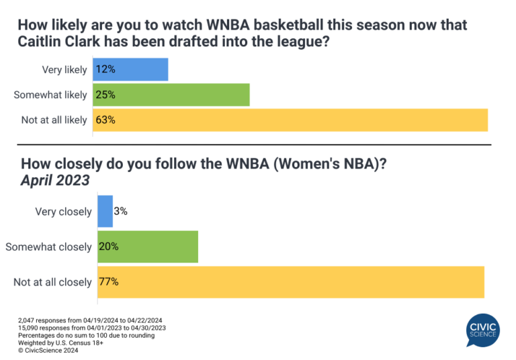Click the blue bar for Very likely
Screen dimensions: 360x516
tap(130, 70)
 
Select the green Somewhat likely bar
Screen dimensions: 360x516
tap(171, 95)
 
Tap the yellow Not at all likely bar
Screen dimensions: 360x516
tap(290, 120)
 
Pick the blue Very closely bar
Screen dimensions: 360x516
tap(105, 212)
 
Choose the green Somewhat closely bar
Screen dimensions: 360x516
tap(148, 246)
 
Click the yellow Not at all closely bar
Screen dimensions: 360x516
tap(291, 282)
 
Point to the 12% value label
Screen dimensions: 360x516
tap(105, 70)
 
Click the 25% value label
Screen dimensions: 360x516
tap(105, 95)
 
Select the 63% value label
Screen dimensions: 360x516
tap(105, 120)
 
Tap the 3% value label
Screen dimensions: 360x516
tap(121, 212)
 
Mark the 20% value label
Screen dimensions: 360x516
tap(109, 246)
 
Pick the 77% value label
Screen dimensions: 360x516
tap(109, 282)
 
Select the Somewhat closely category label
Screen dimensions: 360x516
tap(48, 247)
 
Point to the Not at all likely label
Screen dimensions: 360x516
tap(54, 120)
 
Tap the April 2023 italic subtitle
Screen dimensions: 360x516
tap(55, 181)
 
